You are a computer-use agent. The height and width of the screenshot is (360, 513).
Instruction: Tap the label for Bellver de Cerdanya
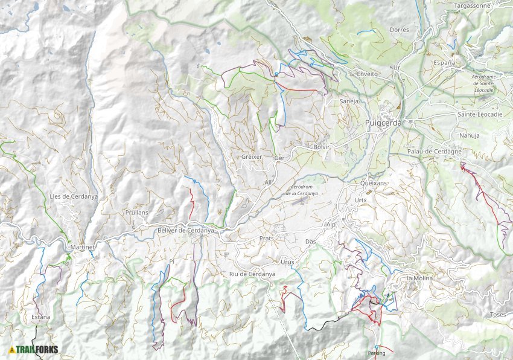click(x=185, y=231)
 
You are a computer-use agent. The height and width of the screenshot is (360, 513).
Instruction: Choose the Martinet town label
click(x=80, y=247)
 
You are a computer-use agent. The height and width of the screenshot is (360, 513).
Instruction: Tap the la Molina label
click(x=421, y=278)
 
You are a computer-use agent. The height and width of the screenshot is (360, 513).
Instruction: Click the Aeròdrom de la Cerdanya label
click(x=301, y=190)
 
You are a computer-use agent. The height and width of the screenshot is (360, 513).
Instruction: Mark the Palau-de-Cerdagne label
click(x=434, y=151)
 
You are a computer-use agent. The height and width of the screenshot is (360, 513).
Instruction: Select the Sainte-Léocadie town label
click(x=481, y=114)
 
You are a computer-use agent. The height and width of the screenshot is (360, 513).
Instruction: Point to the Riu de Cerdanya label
click(x=252, y=274)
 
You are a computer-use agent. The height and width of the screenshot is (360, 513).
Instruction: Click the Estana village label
click(x=40, y=317)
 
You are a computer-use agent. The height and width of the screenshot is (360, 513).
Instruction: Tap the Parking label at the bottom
click(x=376, y=353)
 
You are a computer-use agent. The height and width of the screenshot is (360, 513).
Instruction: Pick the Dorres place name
click(x=399, y=30)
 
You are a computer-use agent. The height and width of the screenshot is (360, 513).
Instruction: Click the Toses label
click(x=498, y=315)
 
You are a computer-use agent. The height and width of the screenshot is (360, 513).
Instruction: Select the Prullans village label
click(x=137, y=213)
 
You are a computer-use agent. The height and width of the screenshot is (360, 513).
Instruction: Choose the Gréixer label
click(x=252, y=156)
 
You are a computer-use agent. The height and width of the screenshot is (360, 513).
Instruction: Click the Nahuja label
click(x=469, y=135)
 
